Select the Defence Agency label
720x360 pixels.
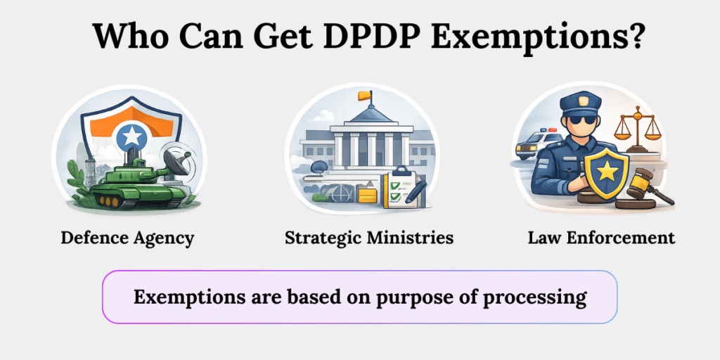[x=127, y=238]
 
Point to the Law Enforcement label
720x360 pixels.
[x=601, y=238]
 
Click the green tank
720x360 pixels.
[x=127, y=184]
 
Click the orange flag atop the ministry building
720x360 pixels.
[x=364, y=94]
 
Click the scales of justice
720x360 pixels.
[x=638, y=130]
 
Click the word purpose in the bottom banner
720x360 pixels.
[x=407, y=297]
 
